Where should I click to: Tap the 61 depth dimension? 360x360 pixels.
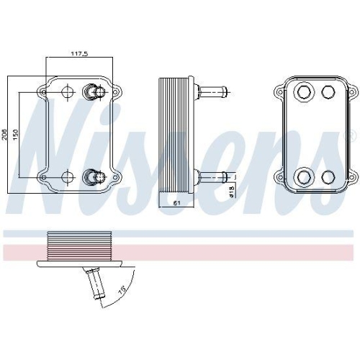[x=176, y=204]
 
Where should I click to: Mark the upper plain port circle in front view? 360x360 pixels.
[x=68, y=92]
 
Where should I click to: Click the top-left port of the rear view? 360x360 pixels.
[x=304, y=92]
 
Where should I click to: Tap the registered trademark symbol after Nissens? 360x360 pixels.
[x=352, y=135]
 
